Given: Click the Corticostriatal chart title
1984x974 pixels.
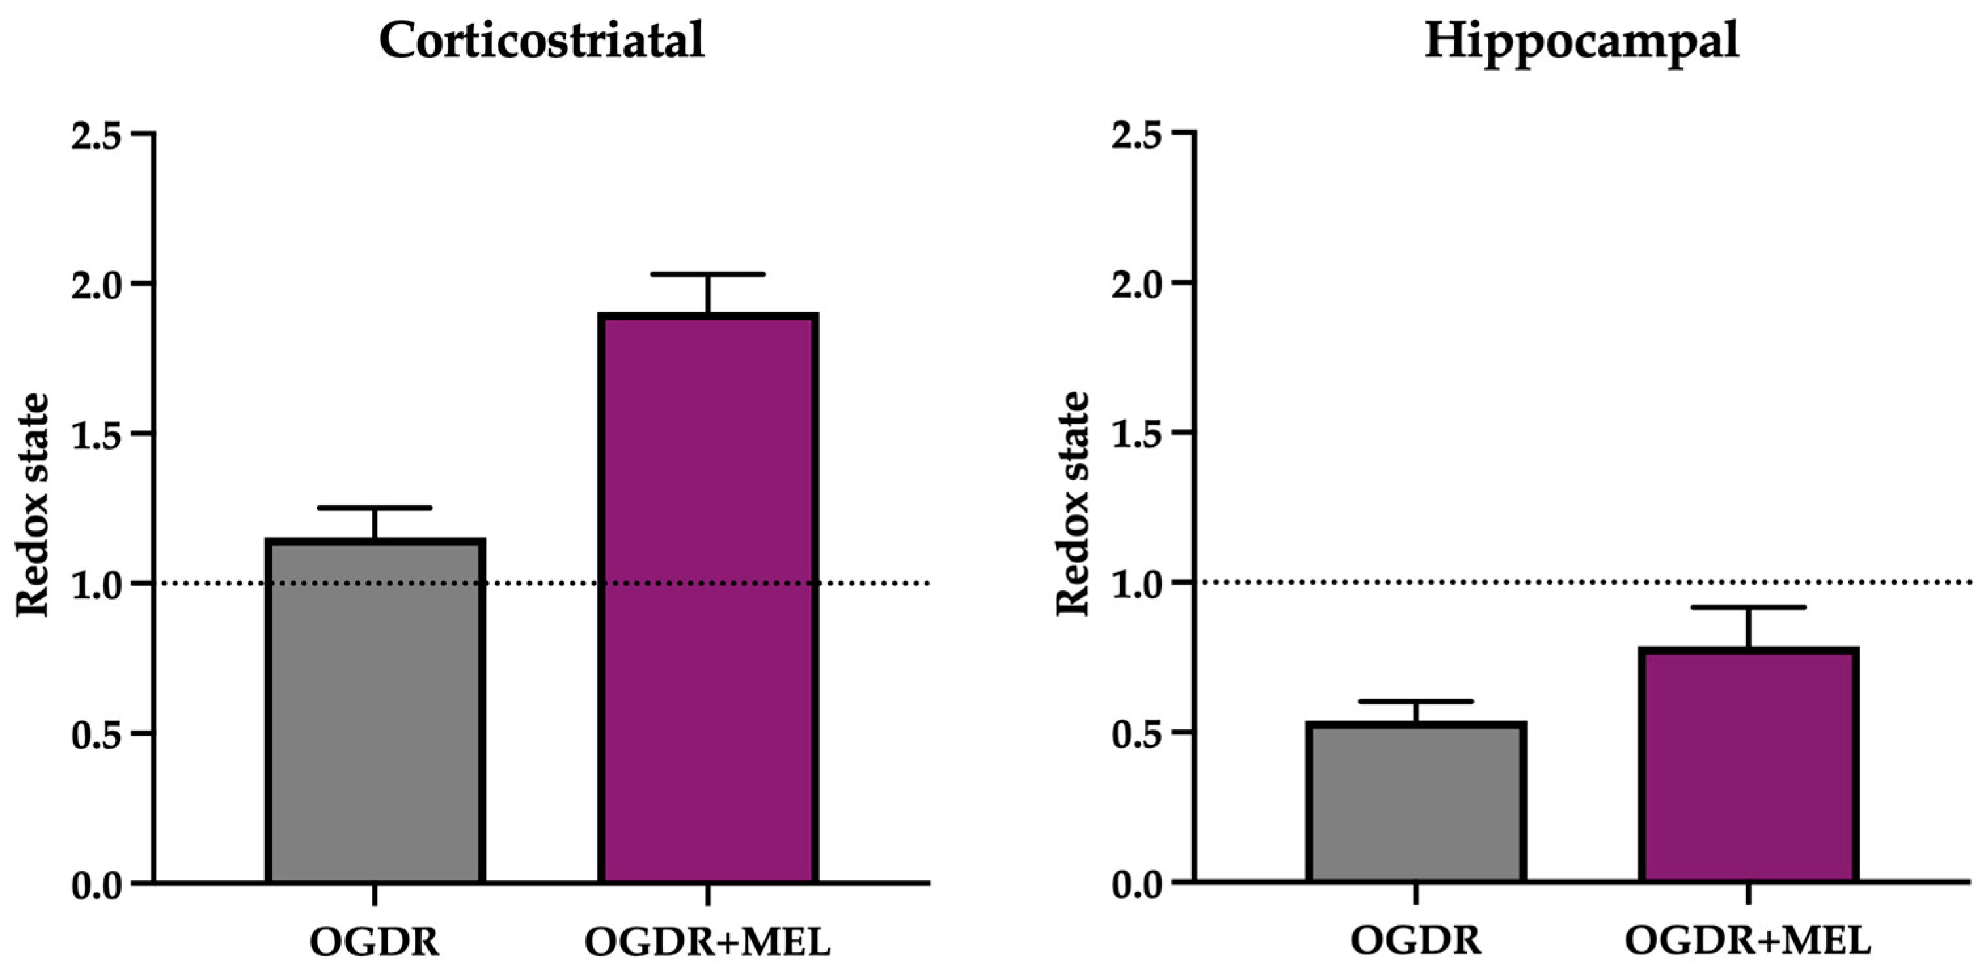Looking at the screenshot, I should click(x=542, y=40).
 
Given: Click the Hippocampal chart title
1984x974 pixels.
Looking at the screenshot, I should click(x=1581, y=40).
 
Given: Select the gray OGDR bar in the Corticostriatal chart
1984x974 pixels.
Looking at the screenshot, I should click(x=375, y=712).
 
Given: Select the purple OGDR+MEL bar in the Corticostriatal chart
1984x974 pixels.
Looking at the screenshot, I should click(x=708, y=601).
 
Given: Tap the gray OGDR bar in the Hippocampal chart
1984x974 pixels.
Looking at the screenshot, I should click(x=1416, y=804).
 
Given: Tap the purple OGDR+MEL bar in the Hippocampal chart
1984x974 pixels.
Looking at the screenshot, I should click(x=1749, y=766).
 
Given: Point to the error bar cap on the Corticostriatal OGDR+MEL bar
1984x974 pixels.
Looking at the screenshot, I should click(x=708, y=274).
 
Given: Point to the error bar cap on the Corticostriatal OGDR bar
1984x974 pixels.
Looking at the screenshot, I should click(x=375, y=507).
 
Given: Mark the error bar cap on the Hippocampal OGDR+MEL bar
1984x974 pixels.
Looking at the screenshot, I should click(x=1749, y=608).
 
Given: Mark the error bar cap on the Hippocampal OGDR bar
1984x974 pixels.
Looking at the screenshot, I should click(x=1416, y=702).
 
